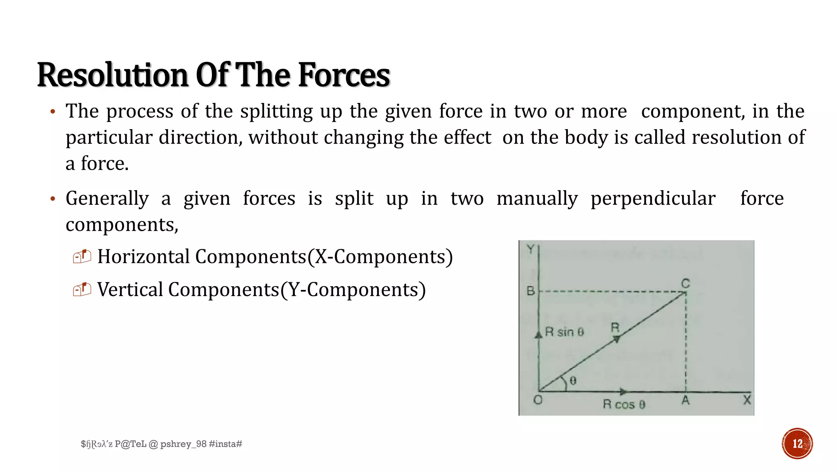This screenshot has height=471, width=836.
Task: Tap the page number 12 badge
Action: [x=797, y=444]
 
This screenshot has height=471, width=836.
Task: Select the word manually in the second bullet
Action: [x=537, y=199]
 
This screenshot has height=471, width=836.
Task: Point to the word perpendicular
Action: [x=653, y=199]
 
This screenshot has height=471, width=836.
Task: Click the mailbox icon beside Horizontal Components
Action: [x=82, y=256]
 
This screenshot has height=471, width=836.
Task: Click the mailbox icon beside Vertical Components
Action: [x=82, y=289]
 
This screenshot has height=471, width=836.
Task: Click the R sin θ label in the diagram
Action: [x=565, y=332]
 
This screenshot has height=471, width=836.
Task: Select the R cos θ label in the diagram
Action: [x=624, y=405]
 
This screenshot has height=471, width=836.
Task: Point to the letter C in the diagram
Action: [x=685, y=283]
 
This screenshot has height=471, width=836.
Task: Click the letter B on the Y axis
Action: [x=531, y=291]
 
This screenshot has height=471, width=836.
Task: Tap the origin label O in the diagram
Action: [x=538, y=400]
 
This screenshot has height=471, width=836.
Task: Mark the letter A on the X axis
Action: [x=686, y=400]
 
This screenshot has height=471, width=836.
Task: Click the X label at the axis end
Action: [x=747, y=399]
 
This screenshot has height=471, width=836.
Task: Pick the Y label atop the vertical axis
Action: [x=530, y=249]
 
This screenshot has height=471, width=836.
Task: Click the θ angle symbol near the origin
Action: [x=573, y=381]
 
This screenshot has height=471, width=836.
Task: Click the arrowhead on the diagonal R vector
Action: [x=617, y=339]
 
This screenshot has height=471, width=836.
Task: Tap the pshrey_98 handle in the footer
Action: [x=183, y=444]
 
